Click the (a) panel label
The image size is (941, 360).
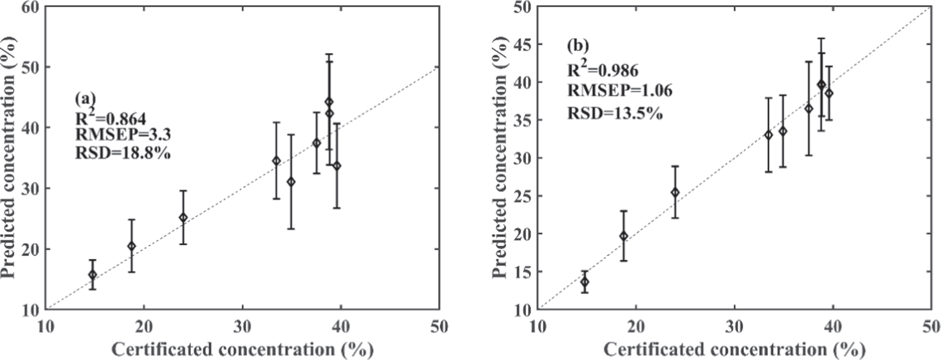coord(86,99)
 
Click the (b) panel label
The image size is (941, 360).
coord(578,46)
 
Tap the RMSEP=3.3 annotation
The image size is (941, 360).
coord(123,135)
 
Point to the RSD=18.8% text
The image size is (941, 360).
coord(123,154)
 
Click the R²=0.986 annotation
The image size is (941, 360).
coord(602,69)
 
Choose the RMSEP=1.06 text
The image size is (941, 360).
coord(619,91)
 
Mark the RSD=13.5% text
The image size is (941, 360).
coord(615,113)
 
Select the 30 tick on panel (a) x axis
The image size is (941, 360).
coord(242,327)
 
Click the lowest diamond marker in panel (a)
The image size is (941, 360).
coord(92,275)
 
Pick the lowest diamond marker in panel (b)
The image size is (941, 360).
coord(585,282)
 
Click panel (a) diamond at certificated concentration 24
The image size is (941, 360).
coord(183,217)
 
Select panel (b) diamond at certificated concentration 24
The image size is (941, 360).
coord(675,192)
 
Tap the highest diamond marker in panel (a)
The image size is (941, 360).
coord(329,102)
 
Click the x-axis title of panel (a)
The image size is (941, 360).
coord(242,349)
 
